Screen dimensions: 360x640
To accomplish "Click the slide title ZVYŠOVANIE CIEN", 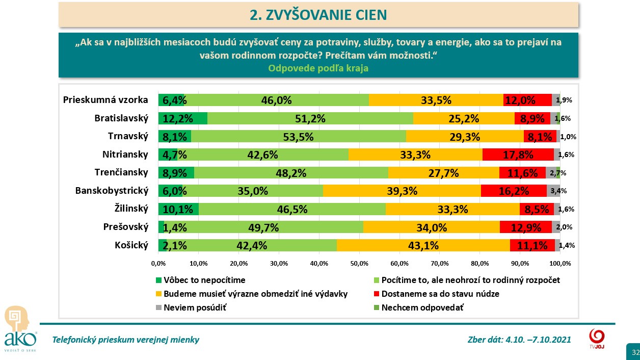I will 318,15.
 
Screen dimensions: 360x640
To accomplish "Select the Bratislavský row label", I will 121,118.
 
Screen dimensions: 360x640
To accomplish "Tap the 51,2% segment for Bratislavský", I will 310,118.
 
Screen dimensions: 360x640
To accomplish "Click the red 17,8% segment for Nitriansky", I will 518,155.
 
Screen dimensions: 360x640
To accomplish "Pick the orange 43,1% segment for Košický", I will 423,245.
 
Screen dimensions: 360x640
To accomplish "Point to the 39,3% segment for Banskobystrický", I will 402,191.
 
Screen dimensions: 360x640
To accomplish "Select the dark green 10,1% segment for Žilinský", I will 178,209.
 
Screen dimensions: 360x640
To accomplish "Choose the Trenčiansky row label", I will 121,172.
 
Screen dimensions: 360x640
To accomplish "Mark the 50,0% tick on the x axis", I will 359,263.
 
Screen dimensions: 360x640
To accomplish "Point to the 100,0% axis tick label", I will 560,263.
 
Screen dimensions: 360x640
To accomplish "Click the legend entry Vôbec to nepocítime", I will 200,279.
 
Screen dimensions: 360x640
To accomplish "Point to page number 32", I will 635,352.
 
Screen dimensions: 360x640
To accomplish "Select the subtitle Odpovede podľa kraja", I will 318,68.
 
